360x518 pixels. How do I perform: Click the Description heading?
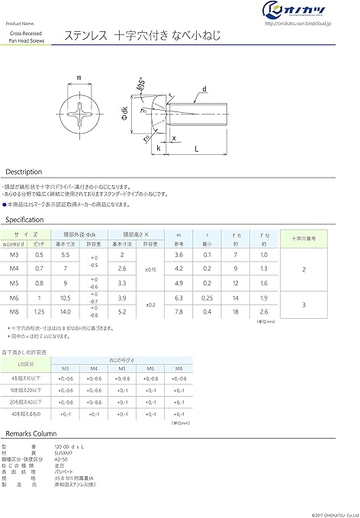(24, 172)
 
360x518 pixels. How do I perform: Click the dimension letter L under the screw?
(197, 150)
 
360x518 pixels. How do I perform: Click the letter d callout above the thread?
(205, 89)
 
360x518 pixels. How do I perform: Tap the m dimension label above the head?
(79, 77)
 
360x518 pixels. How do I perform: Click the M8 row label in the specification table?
(14, 310)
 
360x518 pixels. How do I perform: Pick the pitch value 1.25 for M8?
(40, 310)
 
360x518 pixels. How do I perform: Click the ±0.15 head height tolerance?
(151, 268)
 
